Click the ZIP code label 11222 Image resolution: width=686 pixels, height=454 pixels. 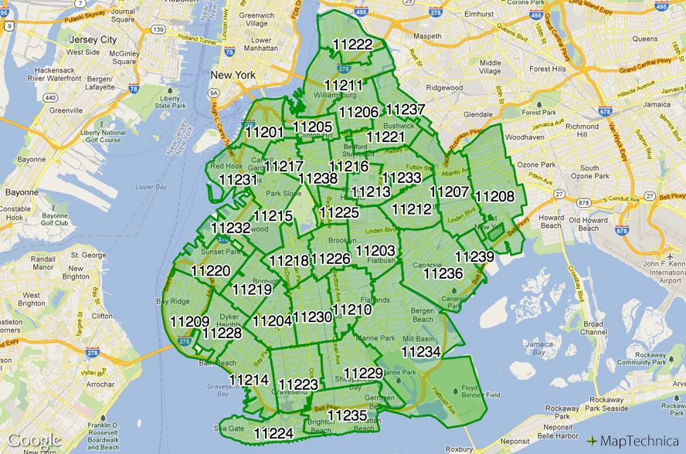click(351, 45)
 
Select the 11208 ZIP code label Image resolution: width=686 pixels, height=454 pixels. click(494, 196)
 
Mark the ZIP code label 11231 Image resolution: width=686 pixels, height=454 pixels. click(238, 179)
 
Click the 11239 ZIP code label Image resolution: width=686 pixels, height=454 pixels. click(474, 257)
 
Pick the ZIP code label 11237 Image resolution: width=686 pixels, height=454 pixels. click(405, 110)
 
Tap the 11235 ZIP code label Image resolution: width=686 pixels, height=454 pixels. click(347, 415)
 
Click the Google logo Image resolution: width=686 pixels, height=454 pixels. click(34, 441)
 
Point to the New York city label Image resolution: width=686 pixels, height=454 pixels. click(233, 76)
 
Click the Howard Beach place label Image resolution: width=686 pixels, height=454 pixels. click(551, 222)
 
